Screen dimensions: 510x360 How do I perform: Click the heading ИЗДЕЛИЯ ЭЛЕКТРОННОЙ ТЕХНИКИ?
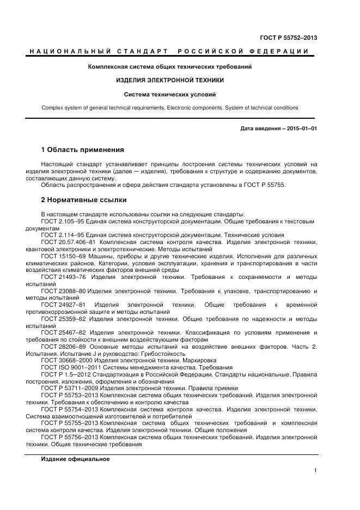coord(170,80)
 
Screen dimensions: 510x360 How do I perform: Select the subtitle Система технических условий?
coord(170,94)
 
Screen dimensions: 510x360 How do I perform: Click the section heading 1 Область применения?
coord(83,149)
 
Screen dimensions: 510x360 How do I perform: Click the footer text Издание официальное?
coord(75,459)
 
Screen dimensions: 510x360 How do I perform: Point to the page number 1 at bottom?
coord(316,471)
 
